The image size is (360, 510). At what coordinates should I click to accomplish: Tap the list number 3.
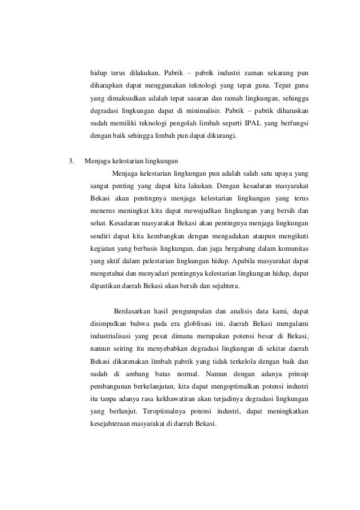tap(71, 161)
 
